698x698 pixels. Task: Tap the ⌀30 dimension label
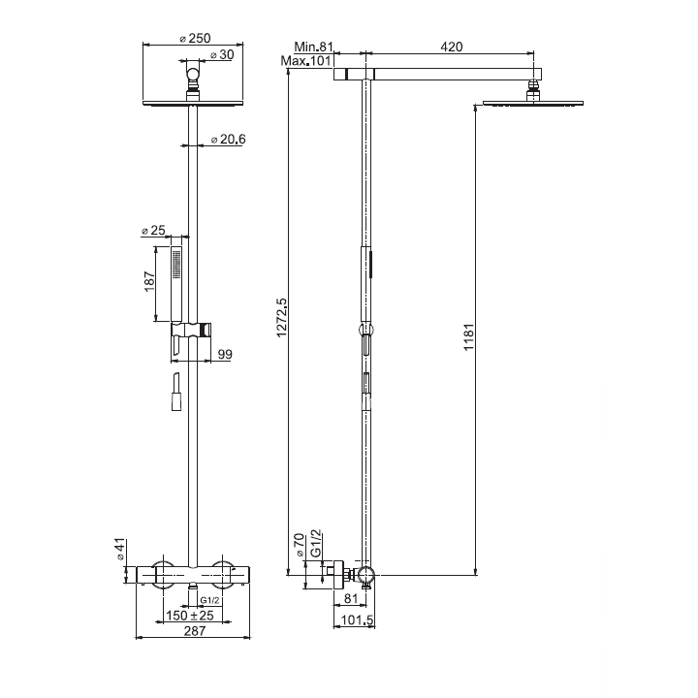coord(222,55)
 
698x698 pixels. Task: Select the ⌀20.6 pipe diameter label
coord(229,141)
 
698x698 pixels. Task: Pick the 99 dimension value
coord(225,356)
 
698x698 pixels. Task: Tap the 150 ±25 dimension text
coord(188,615)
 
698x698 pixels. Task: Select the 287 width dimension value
coord(196,631)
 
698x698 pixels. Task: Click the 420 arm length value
coord(451,47)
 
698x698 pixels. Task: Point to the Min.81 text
coord(315,47)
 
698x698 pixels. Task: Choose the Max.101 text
coord(308,61)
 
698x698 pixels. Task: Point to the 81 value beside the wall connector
coord(350,598)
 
